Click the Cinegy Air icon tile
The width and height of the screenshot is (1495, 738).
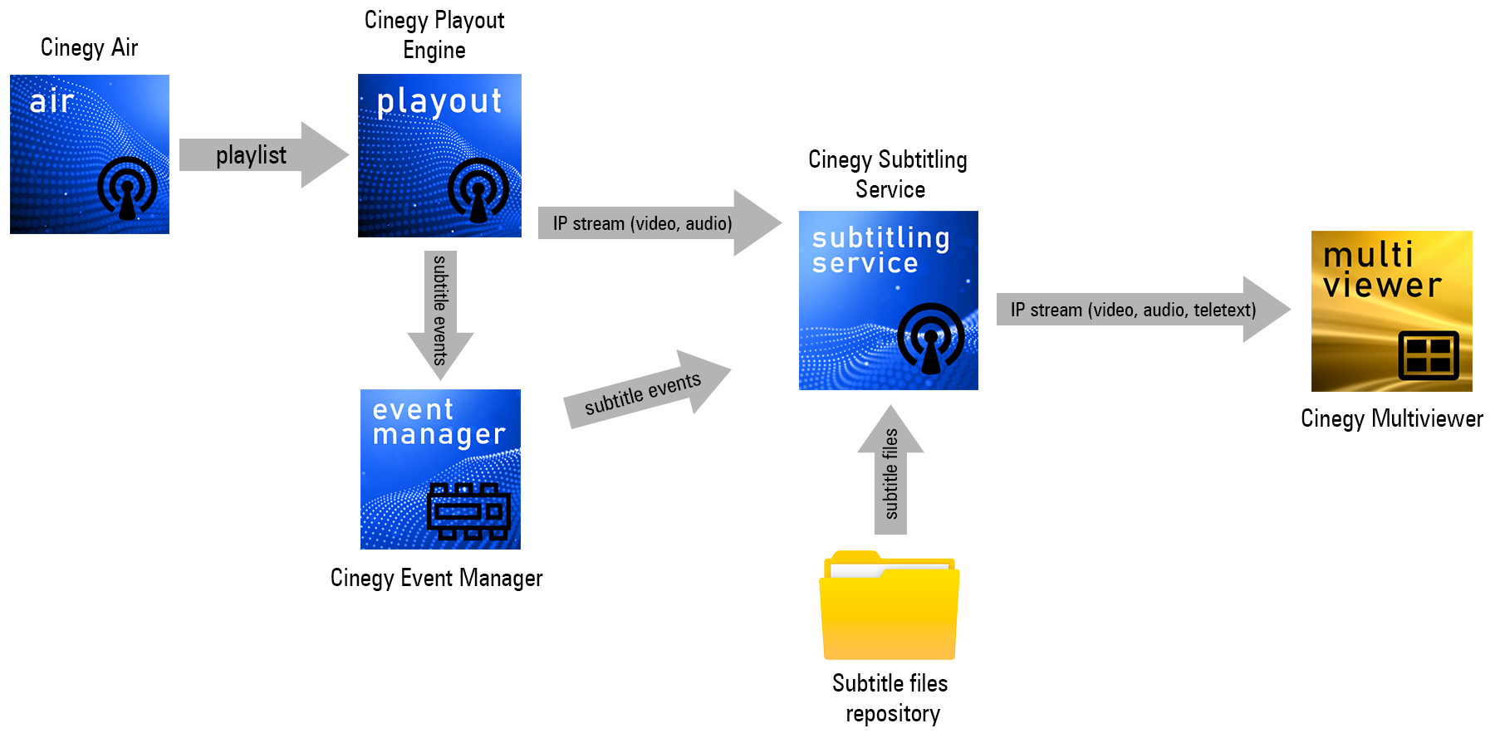[x=90, y=154]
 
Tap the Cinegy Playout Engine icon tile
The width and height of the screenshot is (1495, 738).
[x=439, y=156]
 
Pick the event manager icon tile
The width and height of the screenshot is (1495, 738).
[x=440, y=469]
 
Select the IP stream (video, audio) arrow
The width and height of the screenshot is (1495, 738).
[x=656, y=223]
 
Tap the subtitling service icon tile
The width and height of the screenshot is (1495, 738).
[x=888, y=301]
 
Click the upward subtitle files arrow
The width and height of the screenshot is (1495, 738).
[x=890, y=472]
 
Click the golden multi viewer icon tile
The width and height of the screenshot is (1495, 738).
[x=1391, y=311]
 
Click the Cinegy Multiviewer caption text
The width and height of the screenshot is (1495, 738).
[x=1391, y=418]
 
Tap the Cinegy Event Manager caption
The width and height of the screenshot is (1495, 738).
[x=436, y=578]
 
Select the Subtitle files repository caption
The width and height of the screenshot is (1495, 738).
[x=890, y=698]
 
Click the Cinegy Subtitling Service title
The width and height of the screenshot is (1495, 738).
[x=888, y=174]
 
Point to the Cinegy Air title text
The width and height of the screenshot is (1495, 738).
[x=89, y=47]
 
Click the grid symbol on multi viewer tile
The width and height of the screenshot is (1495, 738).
[x=1429, y=355]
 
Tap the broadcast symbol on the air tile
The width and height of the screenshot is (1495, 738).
[x=127, y=188]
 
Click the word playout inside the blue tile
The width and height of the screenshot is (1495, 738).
[x=439, y=102]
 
